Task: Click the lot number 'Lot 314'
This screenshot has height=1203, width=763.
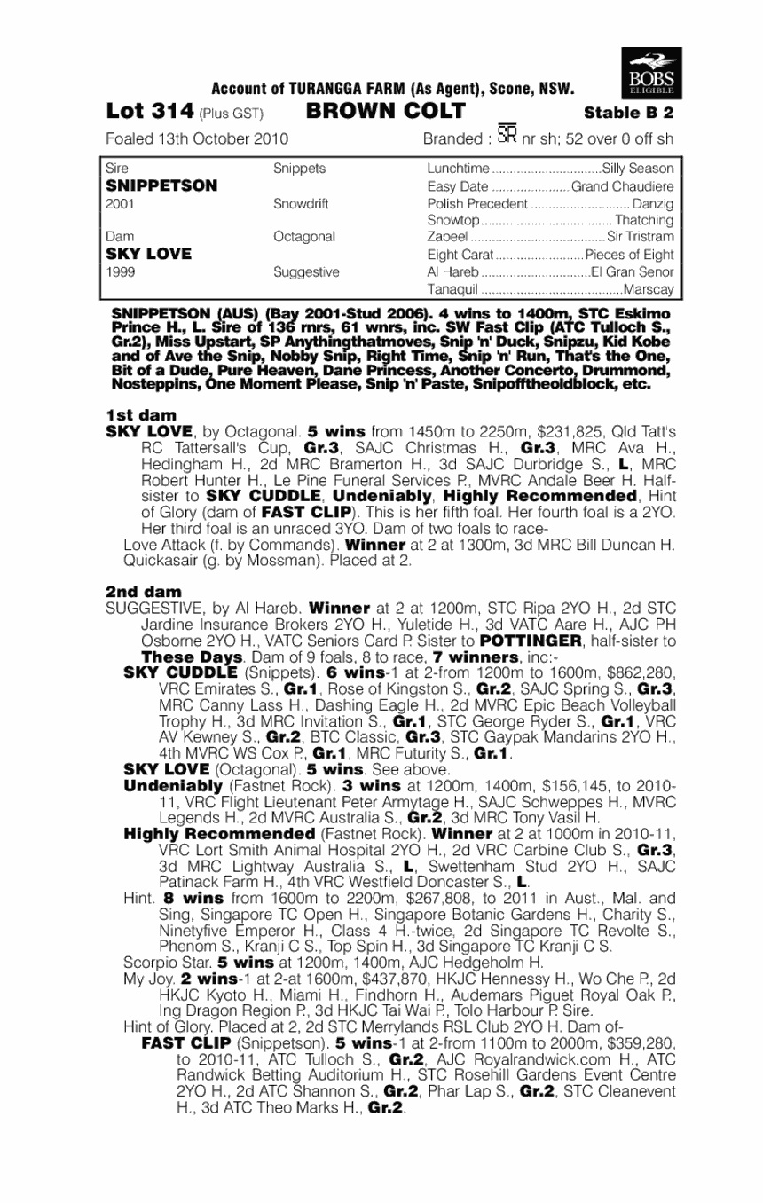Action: tap(149, 112)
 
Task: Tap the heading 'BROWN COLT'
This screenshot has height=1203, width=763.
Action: tap(386, 112)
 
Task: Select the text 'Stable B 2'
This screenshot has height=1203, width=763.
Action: tap(629, 113)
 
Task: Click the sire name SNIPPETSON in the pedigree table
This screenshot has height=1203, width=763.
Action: tap(161, 185)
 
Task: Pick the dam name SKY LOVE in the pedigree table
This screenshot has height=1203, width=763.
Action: tap(148, 254)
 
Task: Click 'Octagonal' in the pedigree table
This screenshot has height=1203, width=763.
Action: tap(304, 237)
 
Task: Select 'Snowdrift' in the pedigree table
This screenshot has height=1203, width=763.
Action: tap(301, 203)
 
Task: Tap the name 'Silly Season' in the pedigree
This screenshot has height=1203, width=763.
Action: tap(638, 169)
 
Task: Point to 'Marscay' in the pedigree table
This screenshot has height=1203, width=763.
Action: tap(649, 288)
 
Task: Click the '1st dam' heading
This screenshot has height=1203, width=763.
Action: tap(141, 414)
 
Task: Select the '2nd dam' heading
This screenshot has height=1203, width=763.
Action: tap(143, 591)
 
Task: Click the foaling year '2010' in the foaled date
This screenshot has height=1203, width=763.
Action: tap(269, 139)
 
